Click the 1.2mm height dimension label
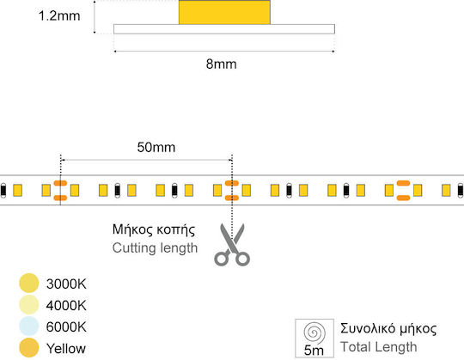[59, 16]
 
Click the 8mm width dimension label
[222, 64]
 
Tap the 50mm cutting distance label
[156, 147]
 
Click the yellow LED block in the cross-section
[224, 12]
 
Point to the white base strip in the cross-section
[224, 29]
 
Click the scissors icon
[232, 245]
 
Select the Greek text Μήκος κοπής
[154, 230]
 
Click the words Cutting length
[155, 248]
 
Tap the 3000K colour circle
[29, 283]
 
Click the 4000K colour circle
[29, 305]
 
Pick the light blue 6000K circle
[29, 326]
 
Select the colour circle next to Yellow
[29, 348]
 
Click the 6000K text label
[66, 327]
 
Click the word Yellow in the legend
[66, 349]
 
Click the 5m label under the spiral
[314, 351]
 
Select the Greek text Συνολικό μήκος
[388, 329]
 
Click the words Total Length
[378, 347]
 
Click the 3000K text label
[66, 284]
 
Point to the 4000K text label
[66, 306]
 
